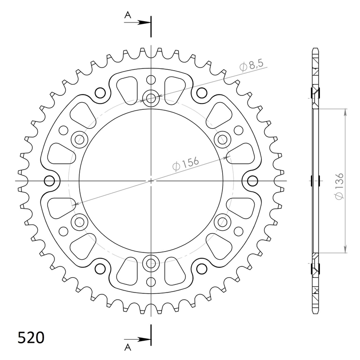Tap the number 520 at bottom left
coord(31,337)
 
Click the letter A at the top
coord(128,15)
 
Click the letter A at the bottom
coord(128,347)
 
